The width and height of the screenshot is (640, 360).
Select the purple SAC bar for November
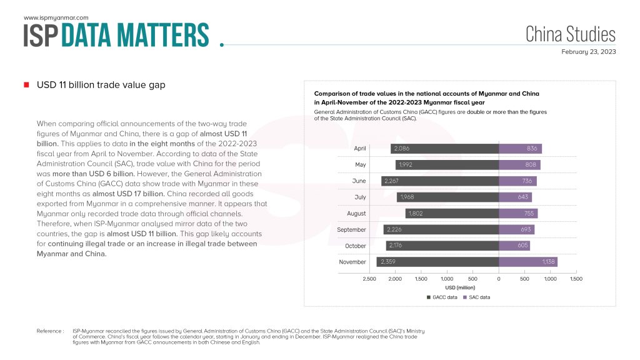(528, 262)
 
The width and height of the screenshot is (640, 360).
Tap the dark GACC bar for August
(452, 213)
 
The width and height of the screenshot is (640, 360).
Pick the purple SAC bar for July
(516, 197)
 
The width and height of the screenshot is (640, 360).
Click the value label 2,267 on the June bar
(394, 181)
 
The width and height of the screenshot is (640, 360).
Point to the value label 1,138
(549, 262)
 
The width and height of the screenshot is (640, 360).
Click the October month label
(355, 246)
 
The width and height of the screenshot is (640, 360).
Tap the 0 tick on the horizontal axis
(499, 277)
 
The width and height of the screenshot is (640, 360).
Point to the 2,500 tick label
(369, 277)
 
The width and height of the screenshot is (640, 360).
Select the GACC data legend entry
(444, 297)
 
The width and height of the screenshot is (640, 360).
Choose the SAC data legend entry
(479, 297)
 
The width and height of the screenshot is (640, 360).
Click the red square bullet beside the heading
(26, 85)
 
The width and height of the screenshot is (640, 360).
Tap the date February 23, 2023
(588, 52)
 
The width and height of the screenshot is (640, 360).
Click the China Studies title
(570, 34)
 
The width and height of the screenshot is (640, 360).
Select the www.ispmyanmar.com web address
(56, 18)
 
